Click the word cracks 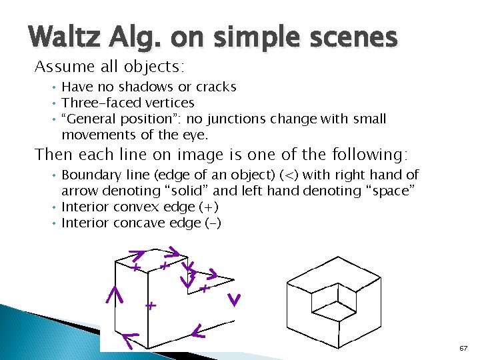214,87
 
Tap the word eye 195,135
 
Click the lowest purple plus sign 151,307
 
